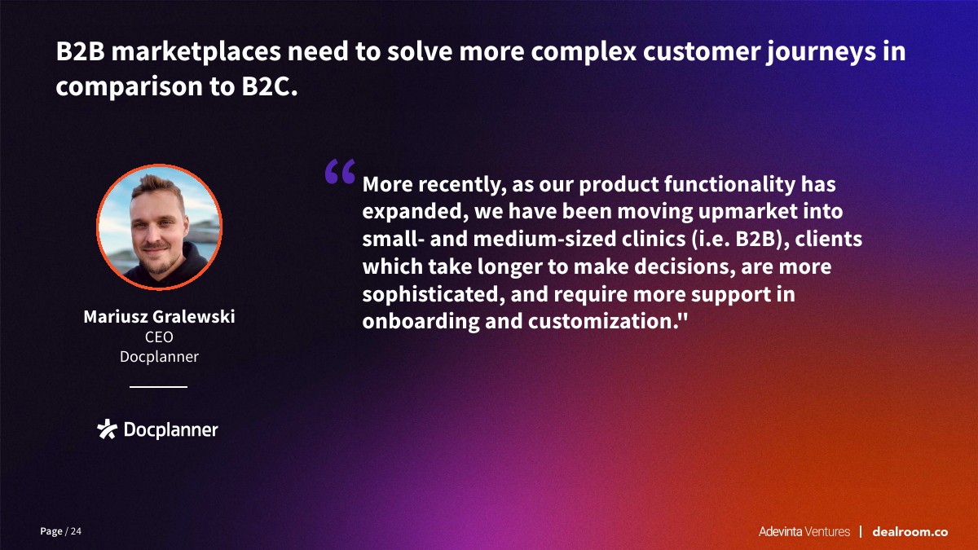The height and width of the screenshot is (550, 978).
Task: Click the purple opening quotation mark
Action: click(340, 171)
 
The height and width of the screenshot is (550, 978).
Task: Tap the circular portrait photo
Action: click(160, 227)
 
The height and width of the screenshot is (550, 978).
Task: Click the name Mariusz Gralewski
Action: click(160, 316)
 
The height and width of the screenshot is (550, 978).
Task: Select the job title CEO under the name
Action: click(160, 337)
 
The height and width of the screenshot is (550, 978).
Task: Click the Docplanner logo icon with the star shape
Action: click(107, 429)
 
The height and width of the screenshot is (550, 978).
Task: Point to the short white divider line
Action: click(158, 387)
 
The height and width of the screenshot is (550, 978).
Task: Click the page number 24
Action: click(76, 531)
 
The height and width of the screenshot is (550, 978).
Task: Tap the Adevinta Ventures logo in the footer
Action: click(804, 531)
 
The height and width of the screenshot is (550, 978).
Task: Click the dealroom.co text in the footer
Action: click(910, 531)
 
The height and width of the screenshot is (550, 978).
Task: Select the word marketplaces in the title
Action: click(196, 52)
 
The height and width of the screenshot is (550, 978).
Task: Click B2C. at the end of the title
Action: click(270, 86)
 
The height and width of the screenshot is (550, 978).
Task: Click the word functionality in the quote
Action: click(729, 184)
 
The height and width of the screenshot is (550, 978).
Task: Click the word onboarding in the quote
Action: click(421, 322)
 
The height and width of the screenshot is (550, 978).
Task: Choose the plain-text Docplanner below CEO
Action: click(160, 357)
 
